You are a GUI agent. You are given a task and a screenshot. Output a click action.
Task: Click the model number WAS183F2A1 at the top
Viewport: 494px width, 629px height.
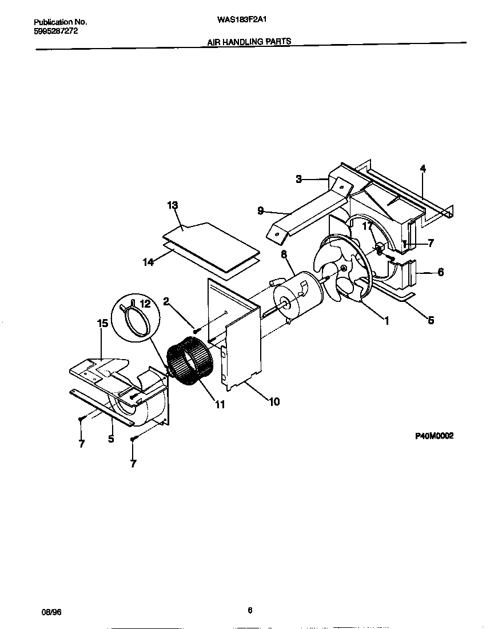[x=243, y=19]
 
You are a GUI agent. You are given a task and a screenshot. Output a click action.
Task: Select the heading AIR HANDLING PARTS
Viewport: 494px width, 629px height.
[x=249, y=41]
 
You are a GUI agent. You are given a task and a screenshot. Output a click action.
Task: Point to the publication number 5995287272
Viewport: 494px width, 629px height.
[x=52, y=31]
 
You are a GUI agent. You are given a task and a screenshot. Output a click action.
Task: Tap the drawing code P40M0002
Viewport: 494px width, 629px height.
[x=434, y=436]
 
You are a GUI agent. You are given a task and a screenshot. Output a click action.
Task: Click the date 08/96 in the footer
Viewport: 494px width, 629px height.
[x=51, y=611]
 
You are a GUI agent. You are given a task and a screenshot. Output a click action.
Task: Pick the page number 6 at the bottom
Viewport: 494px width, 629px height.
[x=249, y=610]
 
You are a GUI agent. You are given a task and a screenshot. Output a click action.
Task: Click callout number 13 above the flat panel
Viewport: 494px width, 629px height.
[x=173, y=205]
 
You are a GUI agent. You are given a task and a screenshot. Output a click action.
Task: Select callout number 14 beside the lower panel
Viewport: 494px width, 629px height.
[x=148, y=262]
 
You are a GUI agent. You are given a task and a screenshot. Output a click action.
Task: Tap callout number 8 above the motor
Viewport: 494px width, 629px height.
[x=284, y=254]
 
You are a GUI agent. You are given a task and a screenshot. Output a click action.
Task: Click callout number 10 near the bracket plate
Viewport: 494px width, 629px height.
[x=274, y=401]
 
